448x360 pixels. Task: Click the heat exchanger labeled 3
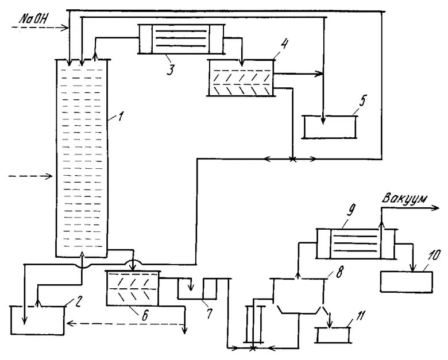tap(180, 38)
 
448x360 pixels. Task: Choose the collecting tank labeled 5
tap(330, 127)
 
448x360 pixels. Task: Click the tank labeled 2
tap(38, 320)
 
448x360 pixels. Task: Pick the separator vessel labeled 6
tap(133, 288)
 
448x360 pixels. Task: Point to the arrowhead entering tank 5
tap(323, 122)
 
